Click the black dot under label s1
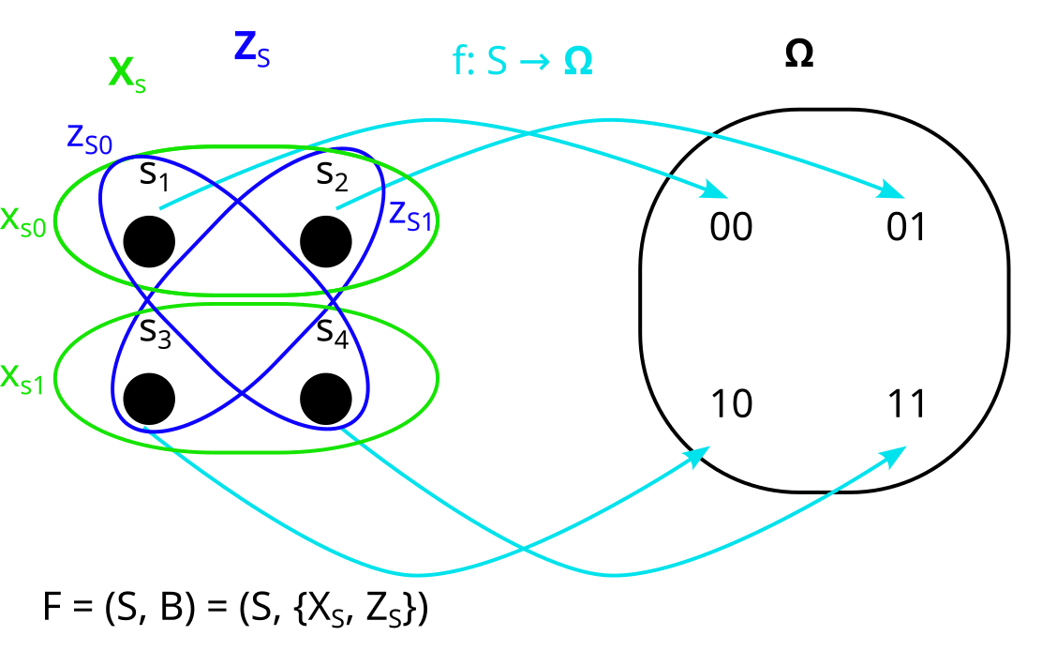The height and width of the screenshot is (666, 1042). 149,241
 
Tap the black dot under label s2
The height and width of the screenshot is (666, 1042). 326,241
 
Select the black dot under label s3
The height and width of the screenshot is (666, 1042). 149,397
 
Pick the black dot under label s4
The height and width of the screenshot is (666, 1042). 326,397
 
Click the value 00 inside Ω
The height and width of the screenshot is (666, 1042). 731,228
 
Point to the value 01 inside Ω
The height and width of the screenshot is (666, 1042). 905,228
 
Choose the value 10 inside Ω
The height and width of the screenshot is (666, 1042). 731,405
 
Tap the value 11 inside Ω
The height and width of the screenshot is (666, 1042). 905,405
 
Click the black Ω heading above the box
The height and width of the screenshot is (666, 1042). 798,54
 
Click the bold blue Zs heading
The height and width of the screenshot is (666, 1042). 251,49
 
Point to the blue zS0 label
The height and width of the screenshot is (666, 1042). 89,138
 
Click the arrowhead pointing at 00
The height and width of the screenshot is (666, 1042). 717,190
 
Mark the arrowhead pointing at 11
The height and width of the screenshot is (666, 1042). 894,455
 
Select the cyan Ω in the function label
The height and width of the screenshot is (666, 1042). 578,63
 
